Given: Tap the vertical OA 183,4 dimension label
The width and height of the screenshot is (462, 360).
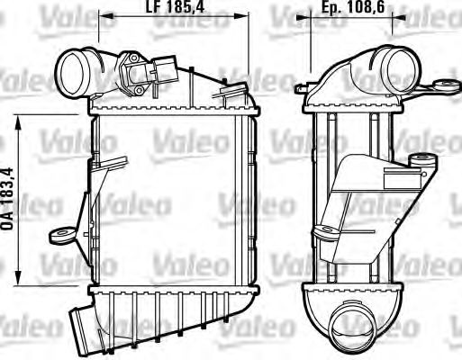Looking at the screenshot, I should click(9, 200).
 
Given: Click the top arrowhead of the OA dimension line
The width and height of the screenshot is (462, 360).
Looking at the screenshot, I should click(21, 118).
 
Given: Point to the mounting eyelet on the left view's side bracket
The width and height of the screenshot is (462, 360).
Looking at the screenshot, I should click(59, 235).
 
